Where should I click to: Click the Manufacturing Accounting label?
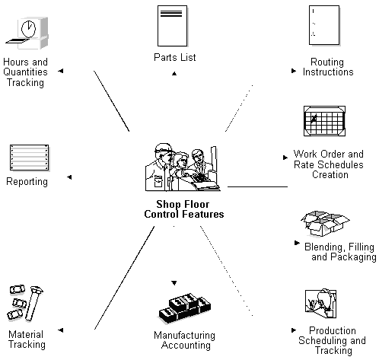(x=184, y=340)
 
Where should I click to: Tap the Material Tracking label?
(x=27, y=339)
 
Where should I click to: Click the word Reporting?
(x=27, y=182)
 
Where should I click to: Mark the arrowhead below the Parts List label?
(x=175, y=73)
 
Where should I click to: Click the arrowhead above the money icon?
(x=174, y=282)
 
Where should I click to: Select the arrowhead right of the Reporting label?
(x=68, y=178)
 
